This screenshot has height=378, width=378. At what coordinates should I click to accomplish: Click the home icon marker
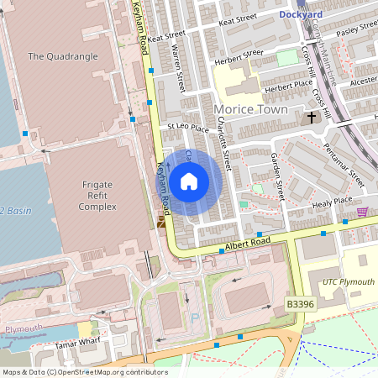pos(189,181)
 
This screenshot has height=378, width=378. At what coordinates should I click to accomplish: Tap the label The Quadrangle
pos(63,56)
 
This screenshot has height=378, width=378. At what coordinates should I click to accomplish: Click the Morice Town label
pos(251,109)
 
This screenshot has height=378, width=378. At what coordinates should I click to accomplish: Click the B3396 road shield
pos(299,303)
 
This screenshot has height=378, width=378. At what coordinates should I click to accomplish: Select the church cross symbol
pos(312,117)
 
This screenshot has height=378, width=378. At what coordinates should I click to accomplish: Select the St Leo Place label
pos(187,129)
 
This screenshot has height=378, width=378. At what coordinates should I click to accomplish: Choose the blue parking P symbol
pos(195,318)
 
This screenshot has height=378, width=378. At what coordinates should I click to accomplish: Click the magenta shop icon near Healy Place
pos(363,212)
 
